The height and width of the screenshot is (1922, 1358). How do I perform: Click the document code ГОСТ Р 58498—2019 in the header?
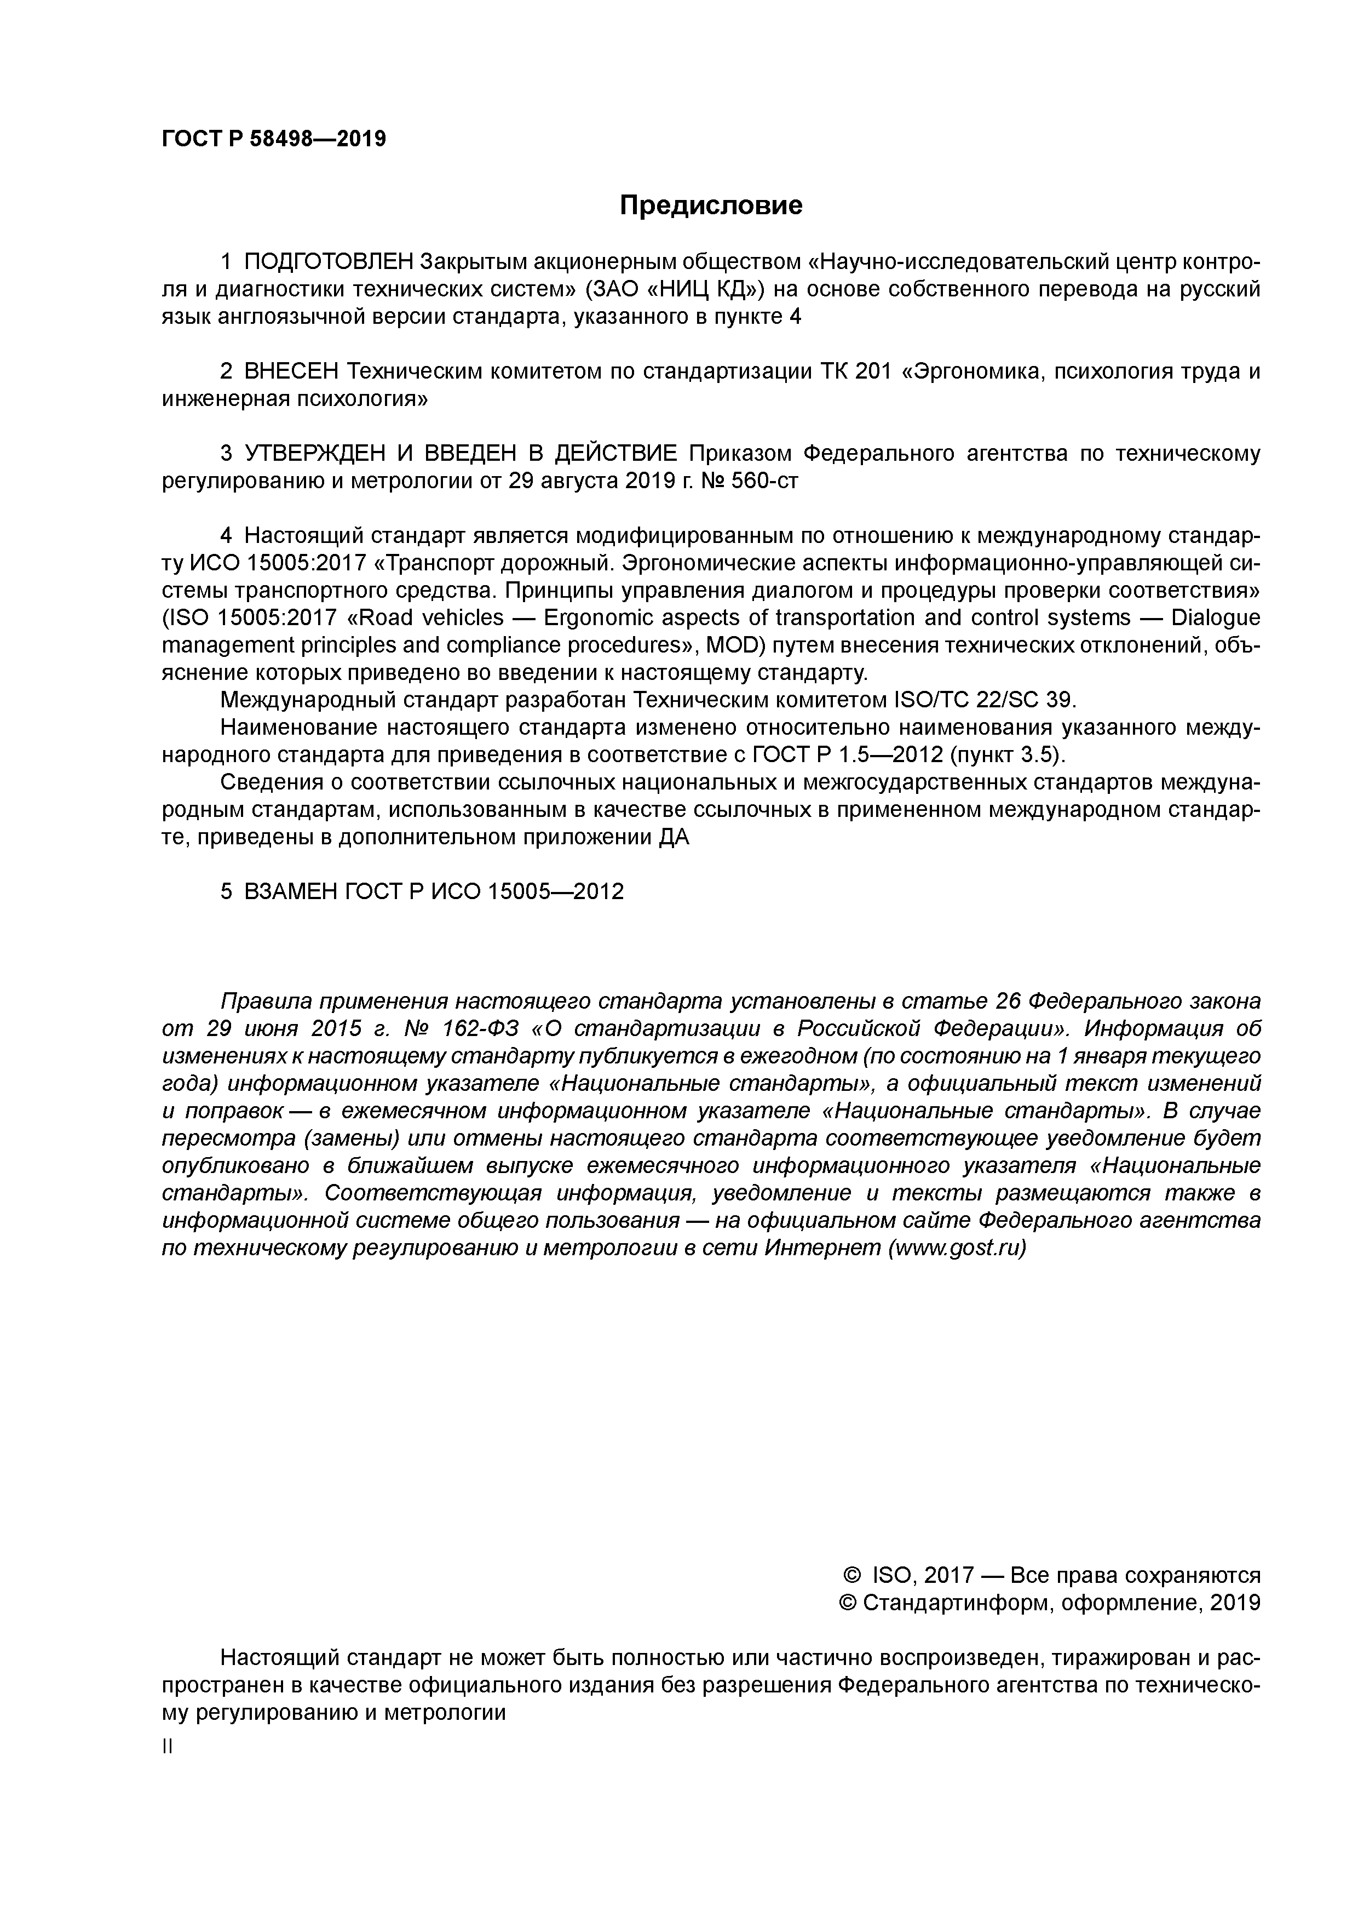pyautogui.click(x=274, y=138)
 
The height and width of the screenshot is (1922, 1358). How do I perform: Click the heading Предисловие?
pyautogui.click(x=710, y=205)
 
